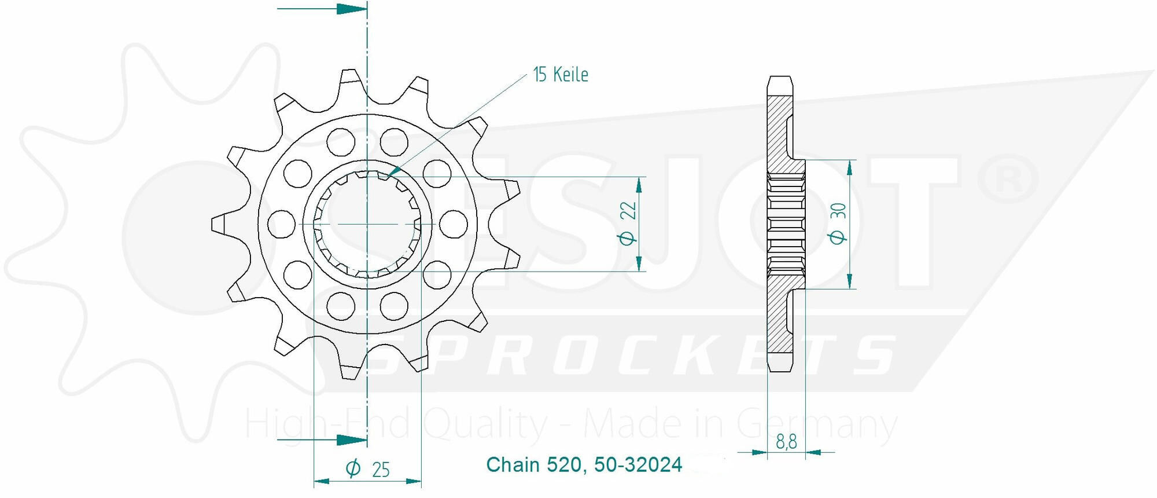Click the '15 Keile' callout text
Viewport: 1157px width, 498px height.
[x=561, y=75]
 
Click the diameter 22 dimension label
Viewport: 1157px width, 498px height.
[x=628, y=223]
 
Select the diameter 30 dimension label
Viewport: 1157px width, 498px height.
[x=838, y=224]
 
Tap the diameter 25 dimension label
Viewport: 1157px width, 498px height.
[x=368, y=468]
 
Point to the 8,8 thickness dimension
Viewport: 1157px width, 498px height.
[x=786, y=442]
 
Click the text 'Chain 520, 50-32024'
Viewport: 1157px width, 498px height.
[x=584, y=464]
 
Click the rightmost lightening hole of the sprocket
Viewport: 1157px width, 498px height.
[x=454, y=224]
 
